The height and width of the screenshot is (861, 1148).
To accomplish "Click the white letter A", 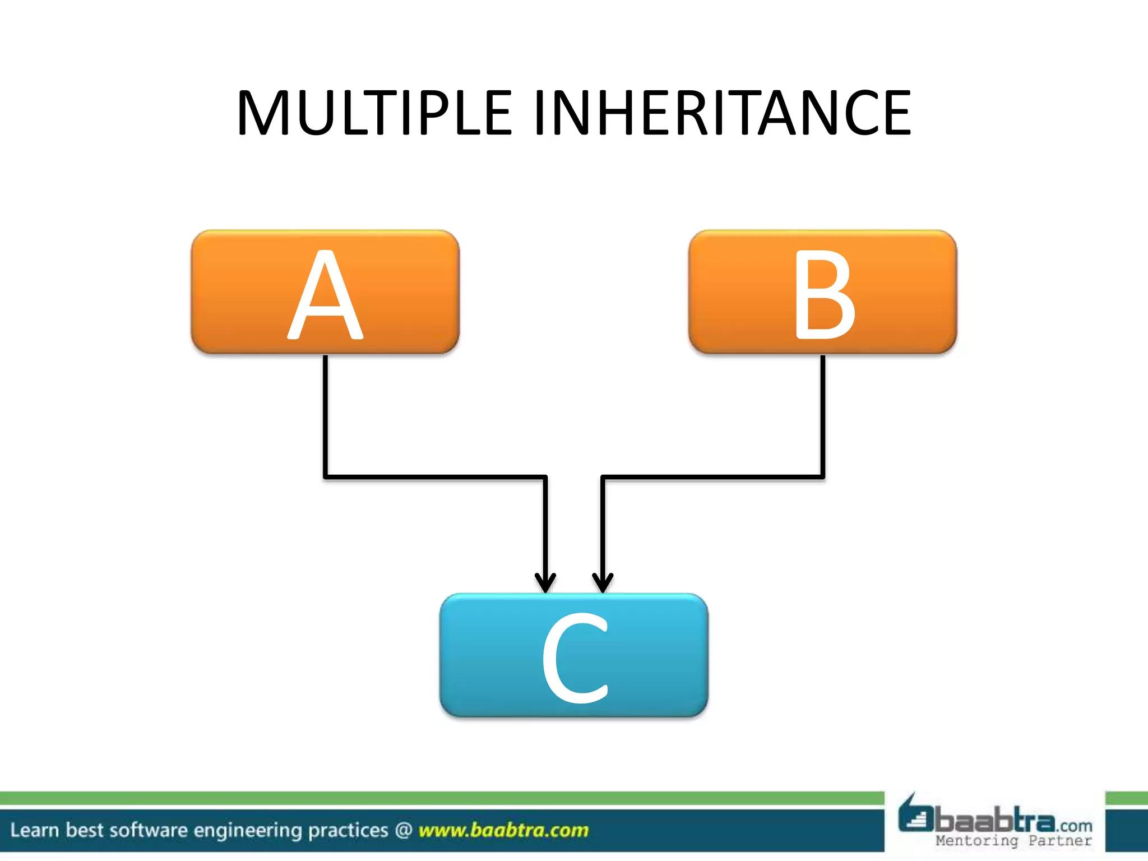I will tap(325, 295).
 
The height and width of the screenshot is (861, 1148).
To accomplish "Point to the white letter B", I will tap(823, 295).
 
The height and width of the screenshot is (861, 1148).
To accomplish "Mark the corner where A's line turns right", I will tap(326, 476).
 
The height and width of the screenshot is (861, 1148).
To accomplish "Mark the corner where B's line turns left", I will tap(822, 476).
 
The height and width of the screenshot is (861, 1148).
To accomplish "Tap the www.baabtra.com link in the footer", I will tap(503, 830).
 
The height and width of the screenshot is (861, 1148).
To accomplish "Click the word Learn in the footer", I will tap(34, 830).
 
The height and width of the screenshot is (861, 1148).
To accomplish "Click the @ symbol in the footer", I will tap(404, 830).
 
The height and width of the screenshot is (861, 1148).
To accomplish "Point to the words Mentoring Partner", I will tap(1013, 840).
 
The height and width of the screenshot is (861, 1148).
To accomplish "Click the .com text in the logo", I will tap(1075, 826).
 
